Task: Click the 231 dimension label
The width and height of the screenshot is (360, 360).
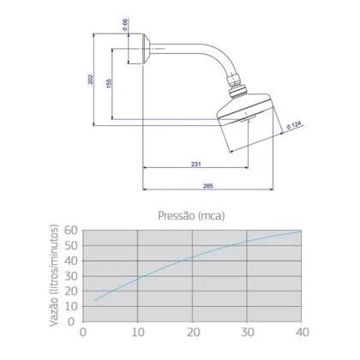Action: click(196, 164)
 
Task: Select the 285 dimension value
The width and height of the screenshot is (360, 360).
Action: click(208, 186)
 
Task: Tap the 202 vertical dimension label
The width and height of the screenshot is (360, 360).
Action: click(90, 79)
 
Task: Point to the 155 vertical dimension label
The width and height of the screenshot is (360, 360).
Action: click(109, 83)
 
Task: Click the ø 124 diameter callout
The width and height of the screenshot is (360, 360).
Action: click(294, 125)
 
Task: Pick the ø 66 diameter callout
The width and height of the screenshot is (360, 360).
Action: click(125, 25)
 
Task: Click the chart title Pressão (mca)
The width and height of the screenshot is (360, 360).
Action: click(191, 215)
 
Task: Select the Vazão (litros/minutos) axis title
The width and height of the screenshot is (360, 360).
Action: click(53, 275)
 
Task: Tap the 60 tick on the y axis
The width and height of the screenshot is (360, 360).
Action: click(71, 230)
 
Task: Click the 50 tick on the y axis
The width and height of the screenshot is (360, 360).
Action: click(71, 245)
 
